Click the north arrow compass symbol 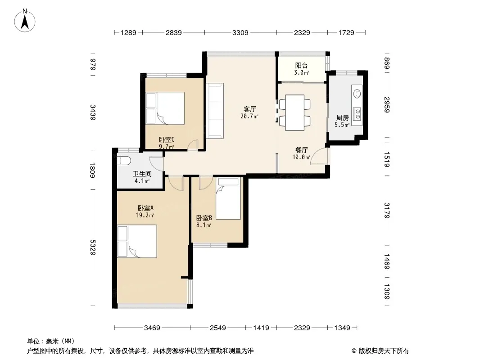coord(25,21)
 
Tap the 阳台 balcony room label coord(301,65)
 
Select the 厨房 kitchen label coord(343,118)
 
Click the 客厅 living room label coord(250,109)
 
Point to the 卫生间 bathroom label coord(142,174)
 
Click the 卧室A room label coord(145,208)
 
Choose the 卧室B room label coord(204,218)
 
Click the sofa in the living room coord(215,111)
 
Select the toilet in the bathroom coord(124,160)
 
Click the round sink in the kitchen coord(357,93)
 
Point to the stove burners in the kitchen coord(357,113)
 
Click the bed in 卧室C coord(165,108)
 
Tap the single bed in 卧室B coord(228,198)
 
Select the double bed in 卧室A coord(137,241)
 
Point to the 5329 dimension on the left coord(93,247)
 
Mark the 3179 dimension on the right coord(387,211)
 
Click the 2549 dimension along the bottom coord(217,328)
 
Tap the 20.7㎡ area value coord(250,116)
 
